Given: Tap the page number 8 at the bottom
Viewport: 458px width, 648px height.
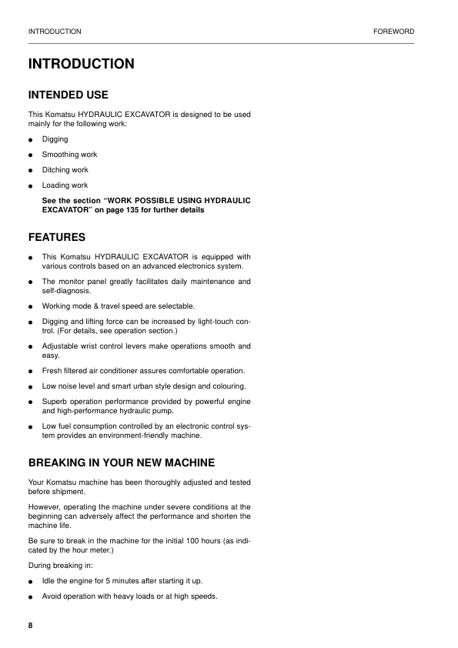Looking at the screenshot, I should [x=31, y=624].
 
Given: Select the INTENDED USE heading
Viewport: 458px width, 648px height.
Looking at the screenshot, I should [x=68, y=95].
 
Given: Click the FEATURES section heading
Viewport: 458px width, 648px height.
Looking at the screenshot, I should [x=56, y=236].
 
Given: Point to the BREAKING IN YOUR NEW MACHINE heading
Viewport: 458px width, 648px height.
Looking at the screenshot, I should [x=121, y=463].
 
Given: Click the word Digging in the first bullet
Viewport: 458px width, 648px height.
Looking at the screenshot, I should [x=55, y=139].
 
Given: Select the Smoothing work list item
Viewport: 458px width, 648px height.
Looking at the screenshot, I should [x=69, y=155].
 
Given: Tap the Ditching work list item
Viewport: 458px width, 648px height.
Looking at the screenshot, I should [x=65, y=170].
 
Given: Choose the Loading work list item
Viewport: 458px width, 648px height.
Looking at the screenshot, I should [x=65, y=185].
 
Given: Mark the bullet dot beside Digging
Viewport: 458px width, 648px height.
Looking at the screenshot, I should [x=30, y=140].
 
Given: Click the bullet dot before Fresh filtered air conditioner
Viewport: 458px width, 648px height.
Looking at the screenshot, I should [x=30, y=371].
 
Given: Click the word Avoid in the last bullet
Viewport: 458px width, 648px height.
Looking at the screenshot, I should [x=52, y=597].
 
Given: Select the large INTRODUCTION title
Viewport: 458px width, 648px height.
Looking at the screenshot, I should [x=81, y=64].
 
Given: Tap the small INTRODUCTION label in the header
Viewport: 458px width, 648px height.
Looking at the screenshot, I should [x=55, y=32].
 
